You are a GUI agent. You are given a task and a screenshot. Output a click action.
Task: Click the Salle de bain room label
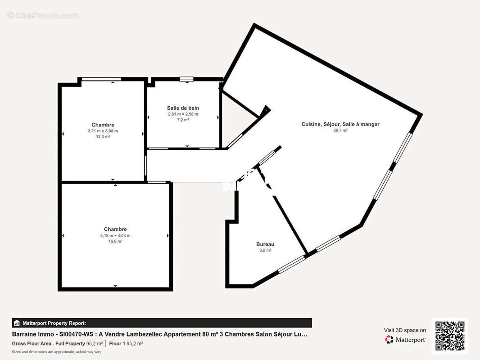[183, 108]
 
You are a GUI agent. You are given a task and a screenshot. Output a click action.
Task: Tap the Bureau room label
[265, 244]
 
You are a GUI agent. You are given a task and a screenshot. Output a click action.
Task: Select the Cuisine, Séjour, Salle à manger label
[340, 124]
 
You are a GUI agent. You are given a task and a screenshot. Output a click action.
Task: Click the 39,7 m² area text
[340, 130]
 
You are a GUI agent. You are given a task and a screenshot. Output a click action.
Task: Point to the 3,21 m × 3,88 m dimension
[103, 131]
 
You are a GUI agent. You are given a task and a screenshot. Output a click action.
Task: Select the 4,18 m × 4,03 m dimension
[115, 235]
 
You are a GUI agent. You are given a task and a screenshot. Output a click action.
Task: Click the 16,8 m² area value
[115, 241]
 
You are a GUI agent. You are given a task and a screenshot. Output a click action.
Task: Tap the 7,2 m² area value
[183, 120]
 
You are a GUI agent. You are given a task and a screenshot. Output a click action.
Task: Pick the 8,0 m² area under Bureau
[265, 250]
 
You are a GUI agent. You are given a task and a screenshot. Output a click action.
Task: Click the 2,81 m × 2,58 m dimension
[183, 114]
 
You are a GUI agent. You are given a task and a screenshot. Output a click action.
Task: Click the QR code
[450, 336]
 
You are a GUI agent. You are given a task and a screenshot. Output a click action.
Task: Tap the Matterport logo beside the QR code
[405, 340]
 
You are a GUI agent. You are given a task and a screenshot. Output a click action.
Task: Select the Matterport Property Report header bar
[162, 323]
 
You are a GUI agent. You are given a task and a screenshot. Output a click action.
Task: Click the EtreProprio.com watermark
[43, 16]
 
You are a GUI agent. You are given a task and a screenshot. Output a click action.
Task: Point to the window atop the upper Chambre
[101, 80]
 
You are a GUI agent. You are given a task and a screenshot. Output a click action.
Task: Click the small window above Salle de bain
[186, 80]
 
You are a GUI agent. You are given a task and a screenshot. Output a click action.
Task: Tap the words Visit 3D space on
[405, 330]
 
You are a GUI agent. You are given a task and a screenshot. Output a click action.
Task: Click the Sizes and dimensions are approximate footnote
[57, 351]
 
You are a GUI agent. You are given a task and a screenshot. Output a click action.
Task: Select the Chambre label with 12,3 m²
[103, 125]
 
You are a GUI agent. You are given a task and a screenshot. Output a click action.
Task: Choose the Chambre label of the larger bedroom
[115, 229]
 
